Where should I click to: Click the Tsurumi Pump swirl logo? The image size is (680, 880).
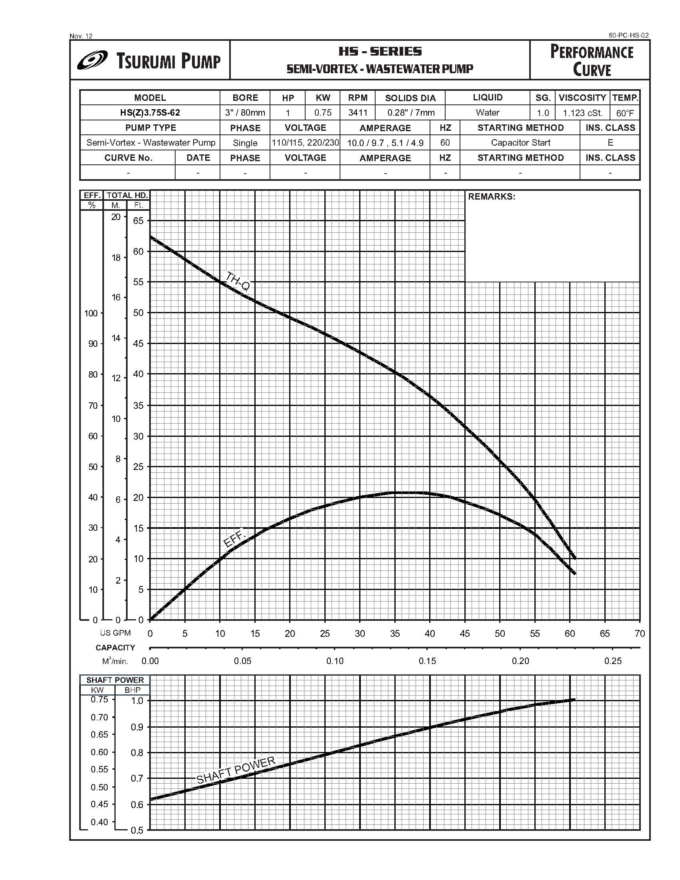92,60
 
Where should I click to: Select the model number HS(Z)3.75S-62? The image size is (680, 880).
150,113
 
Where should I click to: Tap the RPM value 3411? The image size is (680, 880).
358,113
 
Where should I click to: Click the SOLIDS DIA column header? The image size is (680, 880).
410,98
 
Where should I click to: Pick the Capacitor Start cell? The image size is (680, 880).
520,143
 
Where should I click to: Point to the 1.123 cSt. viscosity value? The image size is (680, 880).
582,113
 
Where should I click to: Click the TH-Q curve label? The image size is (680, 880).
238,281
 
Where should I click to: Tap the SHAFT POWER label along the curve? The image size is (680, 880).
236,770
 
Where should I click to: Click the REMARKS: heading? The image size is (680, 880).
491,197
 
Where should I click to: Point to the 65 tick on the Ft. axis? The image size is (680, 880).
138,221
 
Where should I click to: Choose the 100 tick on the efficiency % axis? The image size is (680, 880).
91,313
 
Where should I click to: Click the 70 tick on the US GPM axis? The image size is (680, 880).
639,634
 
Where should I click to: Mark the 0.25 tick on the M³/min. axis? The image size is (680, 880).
613,661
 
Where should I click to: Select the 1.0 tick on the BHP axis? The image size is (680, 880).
137,701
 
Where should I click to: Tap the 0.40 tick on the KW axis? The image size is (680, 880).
99,822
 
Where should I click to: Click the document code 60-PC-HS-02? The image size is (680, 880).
628,36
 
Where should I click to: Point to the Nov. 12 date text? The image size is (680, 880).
81,36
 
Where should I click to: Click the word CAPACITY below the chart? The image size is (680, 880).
115,648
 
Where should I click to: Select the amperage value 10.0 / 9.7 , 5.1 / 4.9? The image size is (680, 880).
385,143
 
